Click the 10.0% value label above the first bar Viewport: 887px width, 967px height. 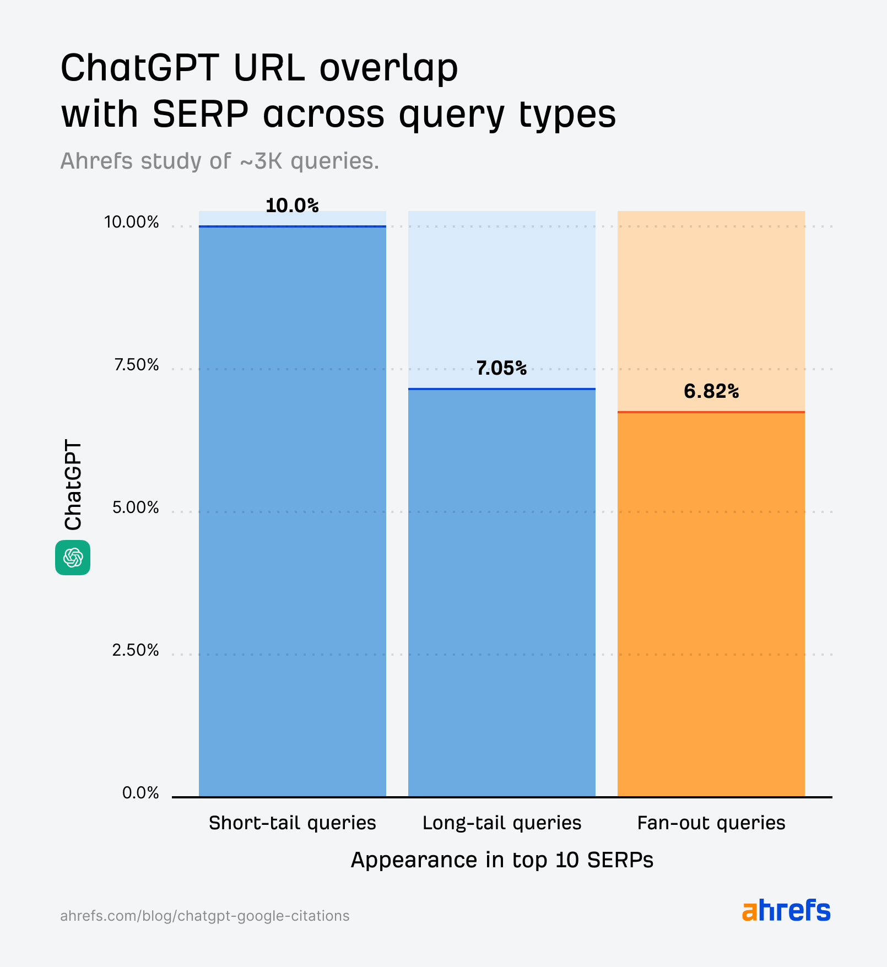[292, 206]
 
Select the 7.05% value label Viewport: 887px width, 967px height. [501, 368]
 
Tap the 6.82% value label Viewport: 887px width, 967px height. [711, 391]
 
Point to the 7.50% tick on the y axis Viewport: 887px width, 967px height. [136, 365]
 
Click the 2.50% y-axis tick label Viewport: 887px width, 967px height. [136, 650]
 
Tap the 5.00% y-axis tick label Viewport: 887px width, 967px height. [136, 507]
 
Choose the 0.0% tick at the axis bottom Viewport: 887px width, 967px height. [140, 793]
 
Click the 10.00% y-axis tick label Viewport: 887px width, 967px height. [132, 222]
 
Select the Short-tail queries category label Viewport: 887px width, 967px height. [292, 823]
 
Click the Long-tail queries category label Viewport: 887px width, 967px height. [501, 823]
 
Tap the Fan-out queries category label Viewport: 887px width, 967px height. [711, 823]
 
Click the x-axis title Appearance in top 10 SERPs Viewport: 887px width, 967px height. [501, 860]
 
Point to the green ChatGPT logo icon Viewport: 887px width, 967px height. [73, 558]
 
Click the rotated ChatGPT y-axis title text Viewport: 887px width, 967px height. [73, 485]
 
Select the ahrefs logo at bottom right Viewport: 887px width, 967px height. [786, 911]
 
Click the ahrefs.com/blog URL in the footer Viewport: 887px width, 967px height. [204, 916]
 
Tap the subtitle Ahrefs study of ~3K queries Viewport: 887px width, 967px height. [219, 161]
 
